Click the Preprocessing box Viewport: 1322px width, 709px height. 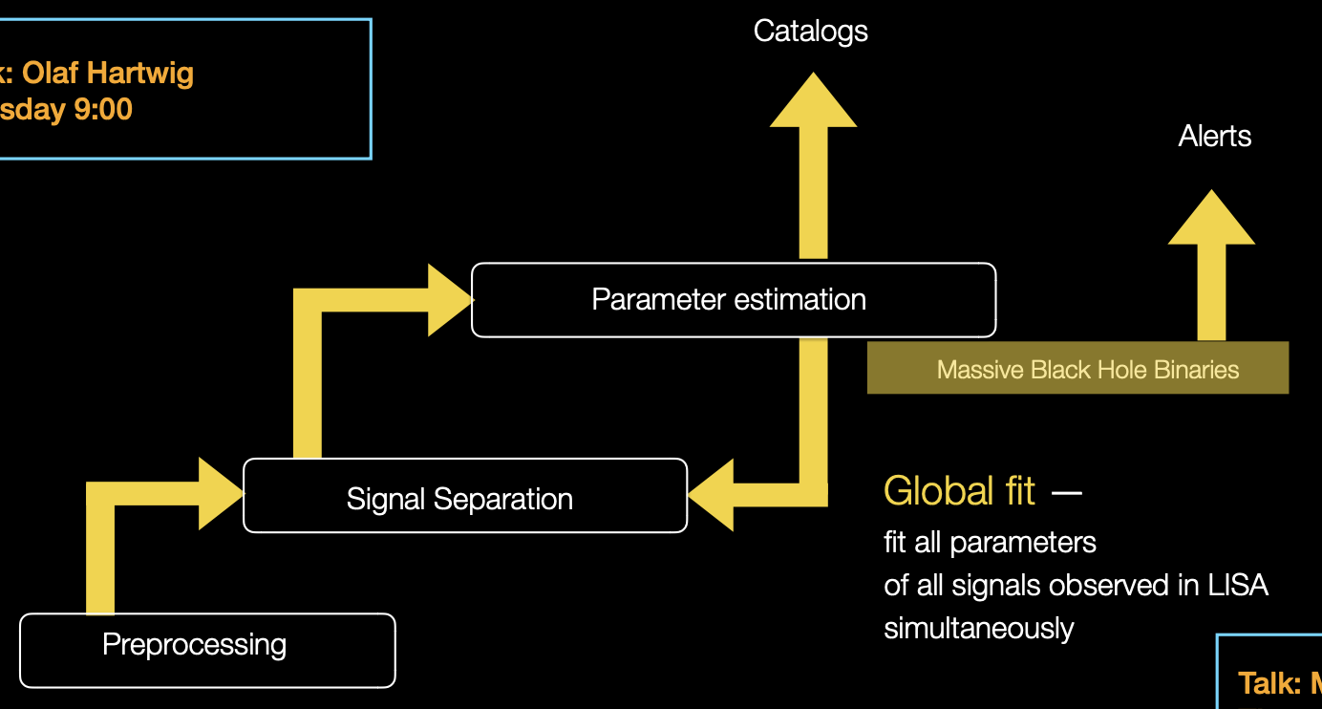tap(207, 650)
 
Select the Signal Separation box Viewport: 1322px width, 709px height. tap(465, 496)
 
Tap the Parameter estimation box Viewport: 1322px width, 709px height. tap(734, 300)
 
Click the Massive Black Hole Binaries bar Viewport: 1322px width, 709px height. tap(1077, 368)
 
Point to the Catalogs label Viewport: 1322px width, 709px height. tap(810, 32)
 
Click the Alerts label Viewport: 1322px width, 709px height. tap(1214, 137)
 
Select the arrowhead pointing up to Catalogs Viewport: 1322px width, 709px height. tap(813, 101)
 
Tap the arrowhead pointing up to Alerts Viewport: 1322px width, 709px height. tap(1211, 219)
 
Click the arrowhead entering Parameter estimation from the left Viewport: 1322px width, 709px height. tap(450, 300)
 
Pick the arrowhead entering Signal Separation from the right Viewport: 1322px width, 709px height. tap(712, 495)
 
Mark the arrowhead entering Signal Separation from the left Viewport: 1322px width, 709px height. tap(222, 493)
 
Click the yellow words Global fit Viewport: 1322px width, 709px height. tap(959, 491)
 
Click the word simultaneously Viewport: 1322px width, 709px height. tap(979, 629)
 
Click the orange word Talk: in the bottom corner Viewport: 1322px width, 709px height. tap(1269, 683)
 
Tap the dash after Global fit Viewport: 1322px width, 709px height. tap(1066, 493)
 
